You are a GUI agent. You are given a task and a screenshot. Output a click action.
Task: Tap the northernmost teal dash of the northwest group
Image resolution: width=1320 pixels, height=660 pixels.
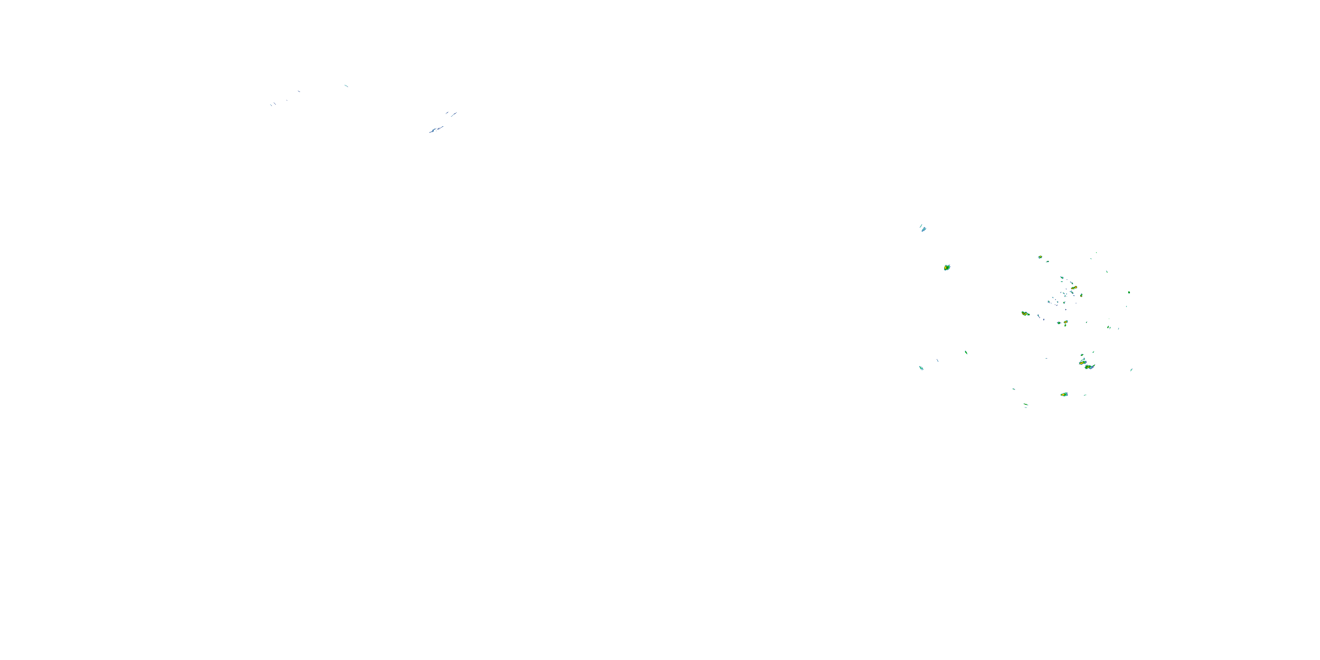(346, 85)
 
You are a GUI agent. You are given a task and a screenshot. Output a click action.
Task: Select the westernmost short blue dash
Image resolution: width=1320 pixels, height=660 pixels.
(271, 105)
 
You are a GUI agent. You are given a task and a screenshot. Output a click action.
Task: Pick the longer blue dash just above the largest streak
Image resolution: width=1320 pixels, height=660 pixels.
(454, 114)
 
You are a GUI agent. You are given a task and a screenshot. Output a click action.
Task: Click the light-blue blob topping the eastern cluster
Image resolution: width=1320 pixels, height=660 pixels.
(923, 228)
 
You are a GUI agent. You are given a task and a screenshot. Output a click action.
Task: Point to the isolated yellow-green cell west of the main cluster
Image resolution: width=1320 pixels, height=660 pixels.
(947, 268)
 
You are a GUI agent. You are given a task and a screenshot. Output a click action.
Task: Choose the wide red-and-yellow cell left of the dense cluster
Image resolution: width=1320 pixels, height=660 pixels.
(1025, 313)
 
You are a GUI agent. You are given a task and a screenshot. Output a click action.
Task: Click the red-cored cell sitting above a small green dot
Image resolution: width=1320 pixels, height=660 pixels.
(1066, 323)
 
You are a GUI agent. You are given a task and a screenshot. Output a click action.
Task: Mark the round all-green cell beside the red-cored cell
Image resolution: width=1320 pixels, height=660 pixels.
(1059, 323)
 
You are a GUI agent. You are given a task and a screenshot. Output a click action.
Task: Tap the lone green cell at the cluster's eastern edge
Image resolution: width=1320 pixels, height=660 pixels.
(1129, 293)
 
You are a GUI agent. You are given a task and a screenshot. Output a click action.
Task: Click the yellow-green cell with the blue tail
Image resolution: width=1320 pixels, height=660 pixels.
(1089, 367)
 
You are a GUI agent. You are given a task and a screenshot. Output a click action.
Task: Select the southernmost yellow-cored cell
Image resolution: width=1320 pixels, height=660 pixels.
(1064, 395)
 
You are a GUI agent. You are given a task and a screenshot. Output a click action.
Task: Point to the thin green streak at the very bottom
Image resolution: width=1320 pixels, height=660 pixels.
(1026, 405)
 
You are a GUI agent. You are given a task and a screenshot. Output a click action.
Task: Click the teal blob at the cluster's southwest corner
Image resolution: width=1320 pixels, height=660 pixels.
(921, 368)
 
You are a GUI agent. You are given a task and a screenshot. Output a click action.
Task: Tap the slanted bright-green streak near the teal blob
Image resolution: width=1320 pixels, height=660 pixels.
(966, 352)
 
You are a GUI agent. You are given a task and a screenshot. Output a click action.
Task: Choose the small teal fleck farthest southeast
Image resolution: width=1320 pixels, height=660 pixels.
(1131, 370)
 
